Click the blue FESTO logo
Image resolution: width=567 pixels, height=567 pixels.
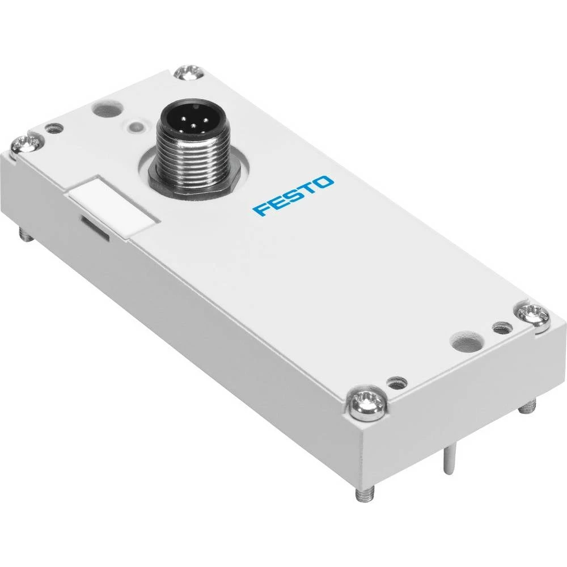tap(293, 196)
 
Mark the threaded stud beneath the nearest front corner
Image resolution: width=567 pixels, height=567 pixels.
tap(361, 494)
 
